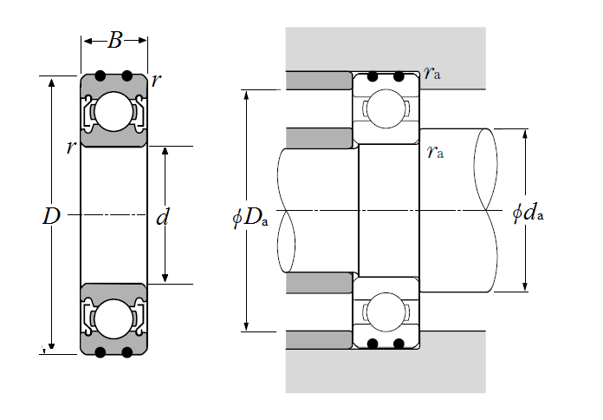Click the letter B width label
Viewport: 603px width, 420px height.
(115, 40)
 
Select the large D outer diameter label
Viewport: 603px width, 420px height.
(51, 216)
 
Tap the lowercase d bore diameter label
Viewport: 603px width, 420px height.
(163, 217)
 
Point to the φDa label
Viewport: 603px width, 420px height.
(250, 218)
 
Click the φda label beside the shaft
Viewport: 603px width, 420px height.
(528, 213)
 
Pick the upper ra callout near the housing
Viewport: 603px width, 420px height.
(431, 72)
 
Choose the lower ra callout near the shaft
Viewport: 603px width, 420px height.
(435, 152)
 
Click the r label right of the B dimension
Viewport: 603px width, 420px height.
(156, 81)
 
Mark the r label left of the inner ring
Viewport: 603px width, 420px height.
(71, 148)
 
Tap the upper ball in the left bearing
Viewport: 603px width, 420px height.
(113, 112)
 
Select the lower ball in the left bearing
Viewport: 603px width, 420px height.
(113, 319)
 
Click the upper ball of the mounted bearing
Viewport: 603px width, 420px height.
(386, 109)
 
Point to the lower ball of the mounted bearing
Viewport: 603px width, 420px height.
(386, 312)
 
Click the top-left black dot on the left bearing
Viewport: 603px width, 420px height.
(100, 75)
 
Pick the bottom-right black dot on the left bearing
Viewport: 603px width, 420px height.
(126, 352)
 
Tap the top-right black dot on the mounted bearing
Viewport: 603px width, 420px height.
(399, 76)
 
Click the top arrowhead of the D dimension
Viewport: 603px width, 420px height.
(51, 82)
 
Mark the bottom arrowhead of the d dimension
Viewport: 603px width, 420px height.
(165, 278)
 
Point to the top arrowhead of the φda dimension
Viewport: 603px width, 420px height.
(525, 135)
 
